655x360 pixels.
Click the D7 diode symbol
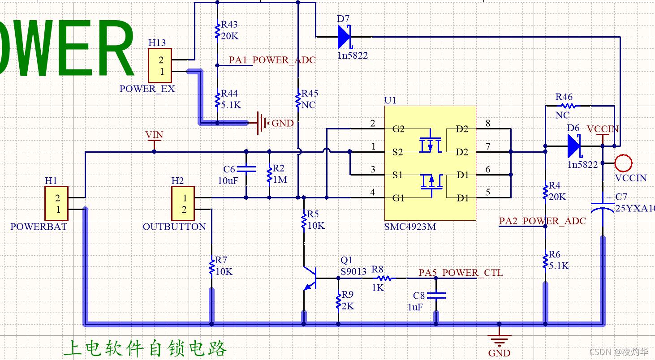(x=344, y=37)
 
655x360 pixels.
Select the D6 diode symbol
(x=574, y=146)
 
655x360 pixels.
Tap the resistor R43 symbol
(x=217, y=31)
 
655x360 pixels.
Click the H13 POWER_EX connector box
(x=160, y=65)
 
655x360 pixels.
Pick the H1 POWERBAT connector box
(x=56, y=203)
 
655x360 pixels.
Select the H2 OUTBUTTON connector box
(x=183, y=203)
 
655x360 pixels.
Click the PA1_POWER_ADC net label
(x=272, y=60)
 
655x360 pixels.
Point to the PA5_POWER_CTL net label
(x=461, y=273)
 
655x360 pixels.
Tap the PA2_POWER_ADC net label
(x=542, y=221)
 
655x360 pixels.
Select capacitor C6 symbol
(x=246, y=169)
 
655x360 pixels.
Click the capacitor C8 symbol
(x=436, y=296)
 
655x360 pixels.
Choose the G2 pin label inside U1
(x=398, y=129)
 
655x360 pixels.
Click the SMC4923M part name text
(x=409, y=227)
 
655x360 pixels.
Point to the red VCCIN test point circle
(x=623, y=164)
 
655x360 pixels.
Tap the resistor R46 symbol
(x=568, y=106)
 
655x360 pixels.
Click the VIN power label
(x=154, y=135)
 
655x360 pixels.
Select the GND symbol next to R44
(x=261, y=123)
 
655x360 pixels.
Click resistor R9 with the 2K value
(x=338, y=301)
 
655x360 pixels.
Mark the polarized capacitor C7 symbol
(x=603, y=207)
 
